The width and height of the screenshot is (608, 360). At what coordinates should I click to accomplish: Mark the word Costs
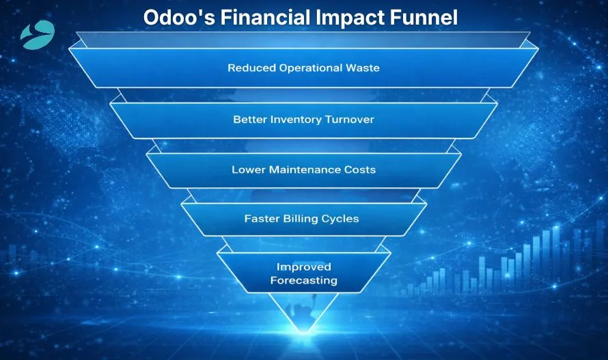click(360, 169)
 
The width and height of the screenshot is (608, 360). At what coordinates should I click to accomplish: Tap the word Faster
click(262, 219)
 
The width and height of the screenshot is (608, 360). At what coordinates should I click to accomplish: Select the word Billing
click(303, 219)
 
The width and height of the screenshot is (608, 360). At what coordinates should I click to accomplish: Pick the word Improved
click(303, 267)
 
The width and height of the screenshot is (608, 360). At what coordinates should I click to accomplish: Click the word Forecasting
click(303, 280)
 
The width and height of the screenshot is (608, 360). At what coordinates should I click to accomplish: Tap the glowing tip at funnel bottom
click(303, 331)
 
